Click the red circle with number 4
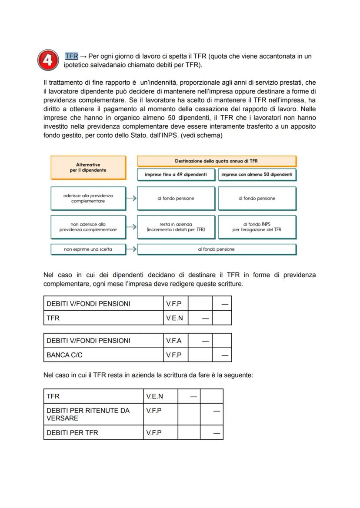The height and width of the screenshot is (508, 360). click(48, 60)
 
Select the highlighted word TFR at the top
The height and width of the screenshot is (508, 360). click(71, 56)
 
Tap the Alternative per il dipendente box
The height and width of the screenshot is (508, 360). click(88, 167)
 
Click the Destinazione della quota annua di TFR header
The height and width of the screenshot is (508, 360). click(217, 161)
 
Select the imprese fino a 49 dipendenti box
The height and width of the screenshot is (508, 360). click(176, 175)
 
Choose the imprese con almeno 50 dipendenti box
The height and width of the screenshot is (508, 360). click(257, 175)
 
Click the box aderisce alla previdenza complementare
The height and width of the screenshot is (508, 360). click(88, 198)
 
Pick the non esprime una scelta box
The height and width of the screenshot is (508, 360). click(88, 249)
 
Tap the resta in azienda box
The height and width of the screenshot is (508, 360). click(176, 227)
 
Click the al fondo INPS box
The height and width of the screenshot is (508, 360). click(257, 227)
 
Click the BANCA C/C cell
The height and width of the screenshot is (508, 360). click(103, 355)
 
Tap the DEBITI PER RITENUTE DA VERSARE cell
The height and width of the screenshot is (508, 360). click(93, 414)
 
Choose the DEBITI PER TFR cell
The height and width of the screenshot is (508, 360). click(93, 432)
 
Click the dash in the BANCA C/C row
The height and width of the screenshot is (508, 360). click(224, 355)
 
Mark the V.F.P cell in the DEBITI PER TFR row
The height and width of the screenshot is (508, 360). click(160, 432)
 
